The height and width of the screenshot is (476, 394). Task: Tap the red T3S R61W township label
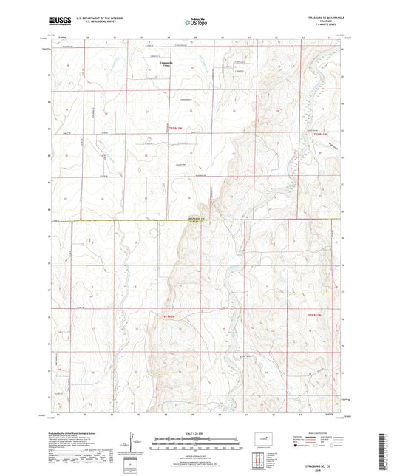pos(319,134)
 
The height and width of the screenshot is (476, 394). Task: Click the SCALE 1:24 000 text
pos(197,432)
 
